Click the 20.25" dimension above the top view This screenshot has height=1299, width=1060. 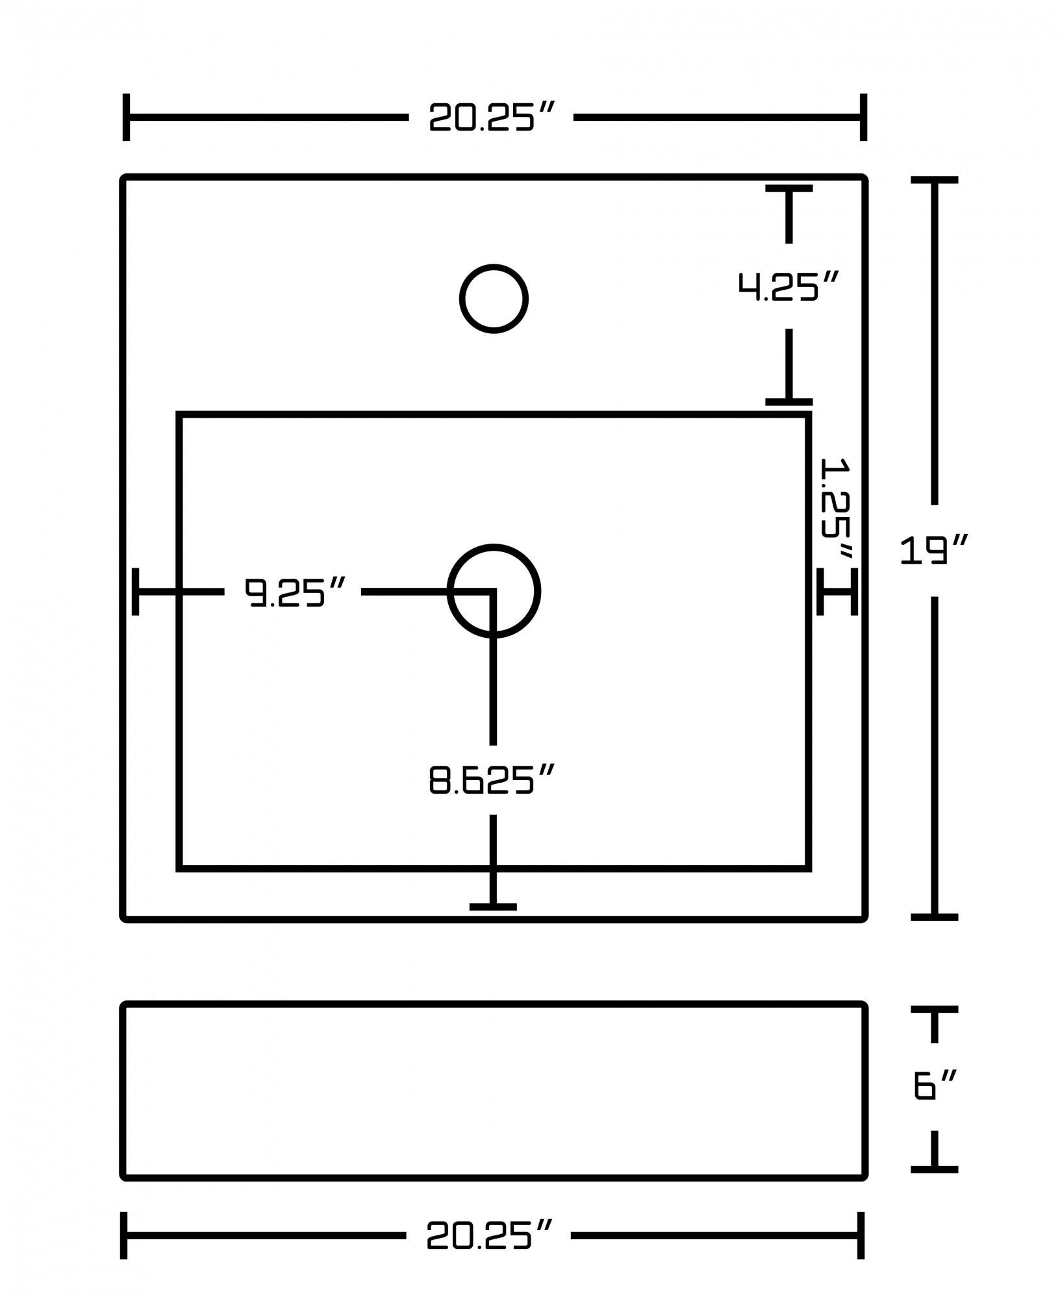pyautogui.click(x=491, y=118)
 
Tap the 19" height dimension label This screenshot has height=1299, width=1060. pyautogui.click(x=934, y=550)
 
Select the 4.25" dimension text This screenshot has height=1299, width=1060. pyautogui.click(x=789, y=286)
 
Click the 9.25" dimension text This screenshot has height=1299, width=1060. pyautogui.click(x=293, y=592)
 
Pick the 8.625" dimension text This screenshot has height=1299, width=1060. pyautogui.click(x=492, y=779)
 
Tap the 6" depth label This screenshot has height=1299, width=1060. pyautogui.click(x=934, y=1085)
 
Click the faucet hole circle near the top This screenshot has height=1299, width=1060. pyautogui.click(x=494, y=299)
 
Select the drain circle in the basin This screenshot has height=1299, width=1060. pyautogui.click(x=494, y=591)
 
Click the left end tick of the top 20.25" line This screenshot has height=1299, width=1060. pyautogui.click(x=126, y=118)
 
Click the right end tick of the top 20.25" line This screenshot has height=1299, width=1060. pyautogui.click(x=863, y=118)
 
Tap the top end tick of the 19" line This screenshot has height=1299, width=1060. pyautogui.click(x=934, y=180)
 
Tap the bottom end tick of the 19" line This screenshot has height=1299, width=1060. pyautogui.click(x=934, y=916)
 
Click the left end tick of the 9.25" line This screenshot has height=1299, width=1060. pyautogui.click(x=135, y=591)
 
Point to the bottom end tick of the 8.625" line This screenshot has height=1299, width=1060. pyautogui.click(x=493, y=907)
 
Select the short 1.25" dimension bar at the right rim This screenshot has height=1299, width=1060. pyautogui.click(x=837, y=591)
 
